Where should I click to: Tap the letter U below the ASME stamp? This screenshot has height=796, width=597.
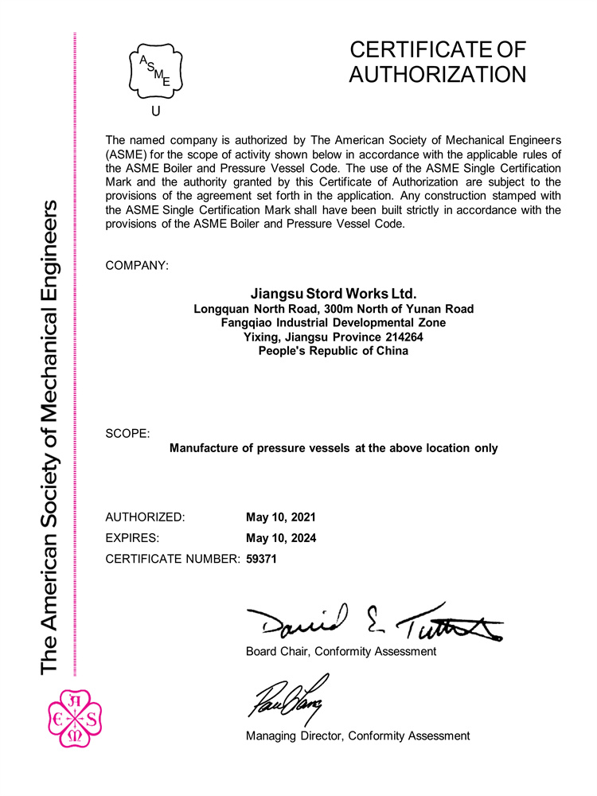point(155,111)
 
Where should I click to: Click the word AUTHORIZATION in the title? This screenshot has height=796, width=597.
point(438,75)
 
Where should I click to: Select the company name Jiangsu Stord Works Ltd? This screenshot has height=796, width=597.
point(334,294)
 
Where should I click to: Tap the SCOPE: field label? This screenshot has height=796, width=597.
point(127,434)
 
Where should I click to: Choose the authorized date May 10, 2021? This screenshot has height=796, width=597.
point(281,517)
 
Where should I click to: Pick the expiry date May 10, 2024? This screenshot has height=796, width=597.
point(281,538)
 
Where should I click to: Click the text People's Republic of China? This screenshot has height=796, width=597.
point(334,351)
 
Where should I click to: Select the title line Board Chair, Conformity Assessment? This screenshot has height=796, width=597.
point(341,652)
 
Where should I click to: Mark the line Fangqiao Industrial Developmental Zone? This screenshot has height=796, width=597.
point(334,322)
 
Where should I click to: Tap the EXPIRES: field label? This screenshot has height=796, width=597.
point(132,538)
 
